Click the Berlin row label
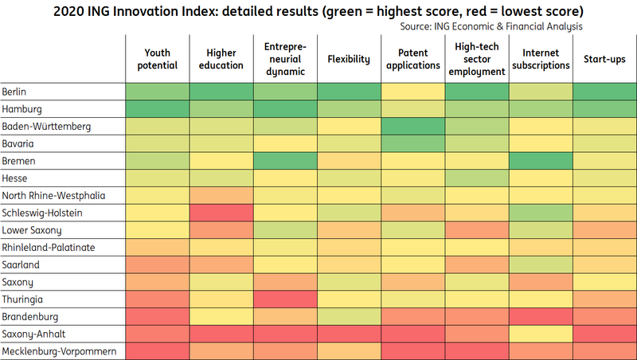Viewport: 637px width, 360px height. [15, 92]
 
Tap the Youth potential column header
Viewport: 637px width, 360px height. [157, 58]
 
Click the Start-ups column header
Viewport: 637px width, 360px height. [604, 58]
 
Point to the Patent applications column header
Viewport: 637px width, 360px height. [412, 58]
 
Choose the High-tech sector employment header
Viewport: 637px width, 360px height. [476, 58]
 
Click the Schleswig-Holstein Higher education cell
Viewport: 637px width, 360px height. [221, 213]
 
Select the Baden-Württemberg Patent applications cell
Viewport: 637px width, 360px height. [412, 127]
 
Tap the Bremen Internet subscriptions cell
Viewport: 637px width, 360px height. [540, 161]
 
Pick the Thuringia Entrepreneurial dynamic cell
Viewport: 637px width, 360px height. [285, 299]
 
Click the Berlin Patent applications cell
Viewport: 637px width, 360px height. [412, 92]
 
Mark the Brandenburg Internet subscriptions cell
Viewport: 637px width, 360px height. [540, 316]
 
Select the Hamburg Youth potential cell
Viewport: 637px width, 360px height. [157, 109]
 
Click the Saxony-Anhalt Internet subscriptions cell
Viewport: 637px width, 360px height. [540, 333]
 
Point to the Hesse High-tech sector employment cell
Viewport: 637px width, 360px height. [476, 178]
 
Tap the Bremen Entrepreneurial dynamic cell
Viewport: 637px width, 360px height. [285, 161]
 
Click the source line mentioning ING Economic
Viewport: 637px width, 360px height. [491, 26]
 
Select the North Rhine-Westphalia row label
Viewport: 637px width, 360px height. [53, 195]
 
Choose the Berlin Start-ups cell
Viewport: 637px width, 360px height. [604, 92]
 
